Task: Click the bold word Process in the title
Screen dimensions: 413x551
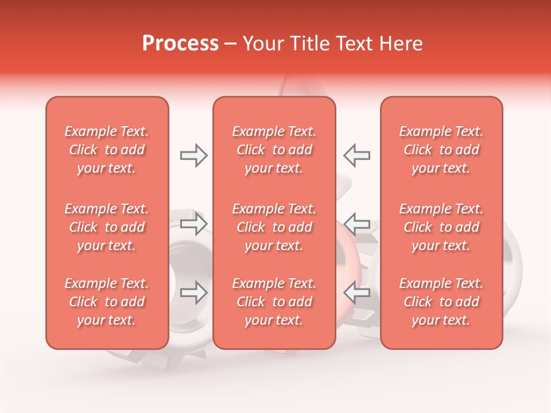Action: coord(180,44)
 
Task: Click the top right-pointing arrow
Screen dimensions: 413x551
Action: coord(193,155)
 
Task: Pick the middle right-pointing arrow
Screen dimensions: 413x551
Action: coord(193,223)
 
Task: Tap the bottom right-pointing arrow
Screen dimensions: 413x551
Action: coord(193,293)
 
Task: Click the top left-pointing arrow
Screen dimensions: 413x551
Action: coord(357,155)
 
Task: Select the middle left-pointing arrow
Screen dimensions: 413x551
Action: coord(357,223)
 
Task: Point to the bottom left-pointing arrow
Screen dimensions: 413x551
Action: coord(357,293)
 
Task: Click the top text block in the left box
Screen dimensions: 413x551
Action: coord(107,150)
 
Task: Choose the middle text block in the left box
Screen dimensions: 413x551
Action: coord(107,227)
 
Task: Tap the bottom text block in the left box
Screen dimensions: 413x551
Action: coord(107,302)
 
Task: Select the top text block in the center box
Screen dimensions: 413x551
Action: coord(274,150)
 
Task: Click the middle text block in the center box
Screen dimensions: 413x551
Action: coord(274,227)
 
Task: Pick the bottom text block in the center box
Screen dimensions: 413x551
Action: coord(274,302)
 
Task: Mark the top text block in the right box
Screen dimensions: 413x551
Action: coord(441,150)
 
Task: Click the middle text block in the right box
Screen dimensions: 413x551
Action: coord(441,227)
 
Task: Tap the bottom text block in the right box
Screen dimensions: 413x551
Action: coord(441,302)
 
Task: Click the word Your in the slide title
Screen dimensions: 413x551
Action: coord(262,44)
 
